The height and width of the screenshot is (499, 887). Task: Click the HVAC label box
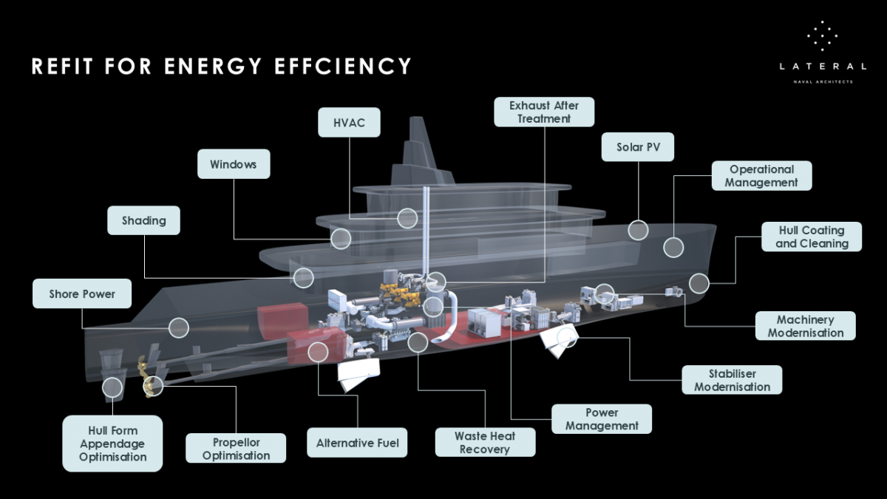point(349,122)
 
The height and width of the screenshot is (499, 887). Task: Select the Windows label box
point(234,163)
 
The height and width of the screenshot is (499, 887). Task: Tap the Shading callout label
point(143,220)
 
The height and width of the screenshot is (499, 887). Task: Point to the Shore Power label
point(82,293)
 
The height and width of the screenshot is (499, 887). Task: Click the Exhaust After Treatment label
point(544,112)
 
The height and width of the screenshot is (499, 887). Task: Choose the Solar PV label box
point(638,147)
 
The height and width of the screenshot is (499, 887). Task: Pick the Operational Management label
point(761,176)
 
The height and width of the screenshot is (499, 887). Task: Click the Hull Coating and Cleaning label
point(812,237)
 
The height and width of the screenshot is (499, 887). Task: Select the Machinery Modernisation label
point(805,326)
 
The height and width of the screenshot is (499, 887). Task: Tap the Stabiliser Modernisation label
point(732,380)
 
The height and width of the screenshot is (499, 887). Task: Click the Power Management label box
point(602,419)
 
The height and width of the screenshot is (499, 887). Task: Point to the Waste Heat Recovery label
point(485,442)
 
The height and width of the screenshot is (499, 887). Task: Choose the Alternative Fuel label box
point(357,443)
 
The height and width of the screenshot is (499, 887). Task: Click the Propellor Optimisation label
point(237,449)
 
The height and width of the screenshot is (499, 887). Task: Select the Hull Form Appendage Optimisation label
point(112,444)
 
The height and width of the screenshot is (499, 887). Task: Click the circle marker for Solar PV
point(638,230)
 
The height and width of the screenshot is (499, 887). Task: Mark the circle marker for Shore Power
point(179,327)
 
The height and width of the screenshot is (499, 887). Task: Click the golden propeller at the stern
point(150,383)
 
